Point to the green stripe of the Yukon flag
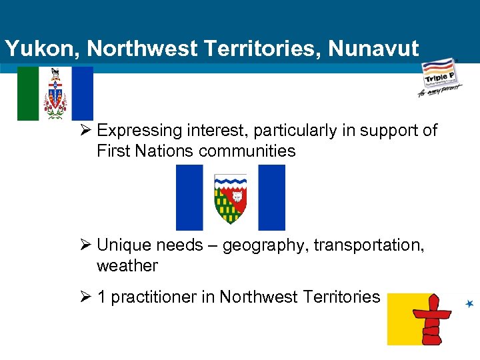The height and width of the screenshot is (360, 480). (x=27, y=93)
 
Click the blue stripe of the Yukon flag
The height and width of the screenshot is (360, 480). (x=83, y=93)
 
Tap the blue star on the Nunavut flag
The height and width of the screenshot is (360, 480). (x=470, y=304)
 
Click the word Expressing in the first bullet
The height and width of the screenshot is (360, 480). (x=139, y=131)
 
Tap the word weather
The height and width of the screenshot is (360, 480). (x=127, y=266)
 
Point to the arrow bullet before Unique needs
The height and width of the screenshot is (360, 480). (x=85, y=245)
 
